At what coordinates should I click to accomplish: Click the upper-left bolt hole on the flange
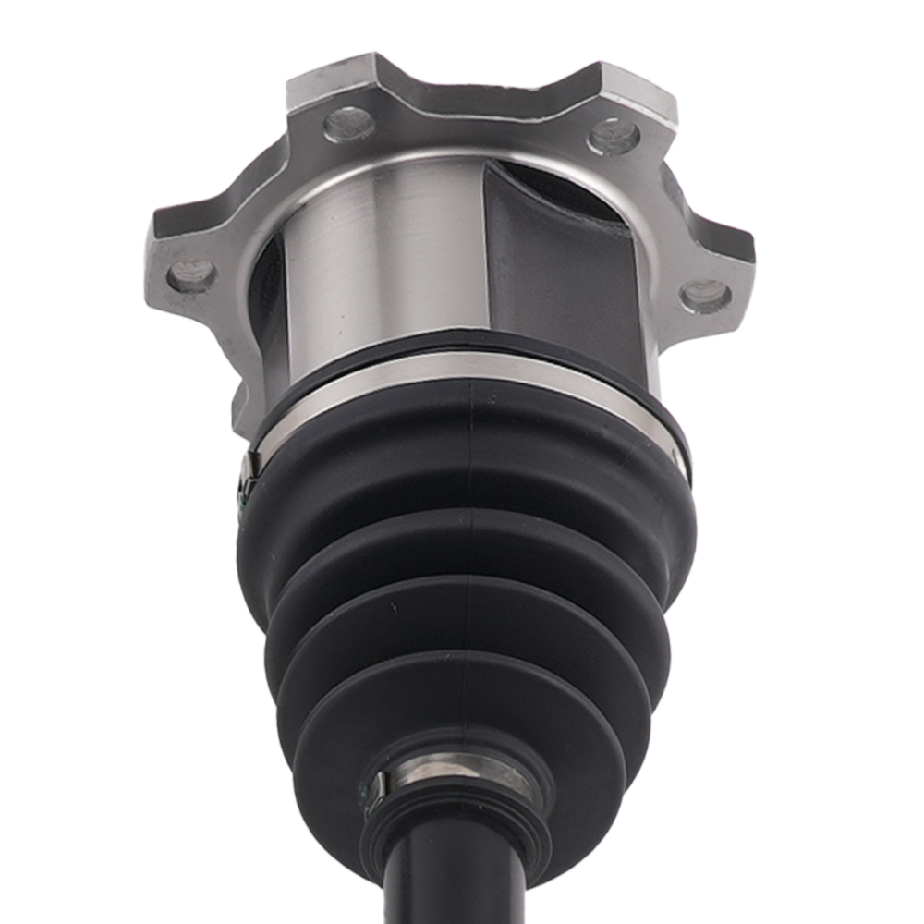349,125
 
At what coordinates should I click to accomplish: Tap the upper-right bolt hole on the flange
613,137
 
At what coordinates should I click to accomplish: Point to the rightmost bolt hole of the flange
705,296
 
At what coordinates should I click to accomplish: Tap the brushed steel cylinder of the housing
388,259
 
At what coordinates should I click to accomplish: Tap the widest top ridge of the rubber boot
462,462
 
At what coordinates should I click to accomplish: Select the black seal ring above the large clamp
462,346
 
